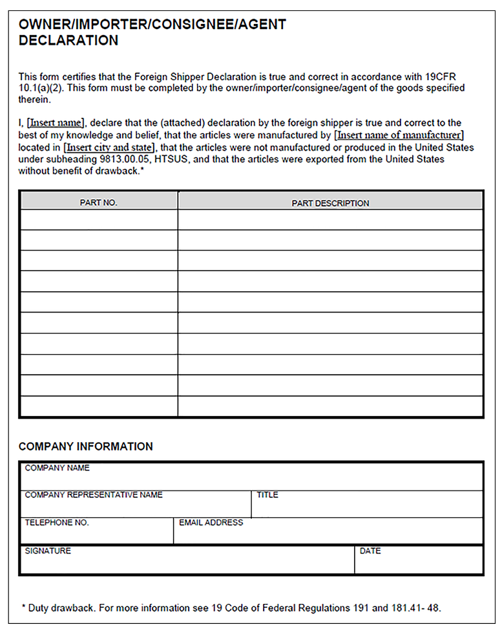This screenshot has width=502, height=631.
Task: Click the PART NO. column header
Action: click(x=98, y=203)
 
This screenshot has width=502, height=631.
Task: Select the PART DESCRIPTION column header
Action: click(x=330, y=203)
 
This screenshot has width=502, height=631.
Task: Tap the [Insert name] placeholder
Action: click(x=56, y=123)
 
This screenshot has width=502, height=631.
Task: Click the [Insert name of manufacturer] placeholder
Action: click(x=399, y=135)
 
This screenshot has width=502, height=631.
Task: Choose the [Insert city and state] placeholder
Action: click(x=110, y=148)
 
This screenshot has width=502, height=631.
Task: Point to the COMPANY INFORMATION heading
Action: click(x=85, y=447)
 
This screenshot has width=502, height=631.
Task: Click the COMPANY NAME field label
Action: click(x=57, y=468)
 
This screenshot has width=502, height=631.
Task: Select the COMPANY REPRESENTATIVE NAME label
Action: click(x=94, y=495)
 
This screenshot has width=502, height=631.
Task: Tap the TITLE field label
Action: click(x=267, y=495)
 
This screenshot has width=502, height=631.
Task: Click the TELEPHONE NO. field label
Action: click(x=57, y=522)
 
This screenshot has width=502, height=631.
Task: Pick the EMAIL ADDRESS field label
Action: click(x=211, y=522)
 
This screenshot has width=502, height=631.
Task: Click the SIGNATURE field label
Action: click(x=48, y=551)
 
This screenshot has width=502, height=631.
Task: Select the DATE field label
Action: click(x=370, y=551)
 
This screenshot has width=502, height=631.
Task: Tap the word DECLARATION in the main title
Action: click(x=68, y=40)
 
